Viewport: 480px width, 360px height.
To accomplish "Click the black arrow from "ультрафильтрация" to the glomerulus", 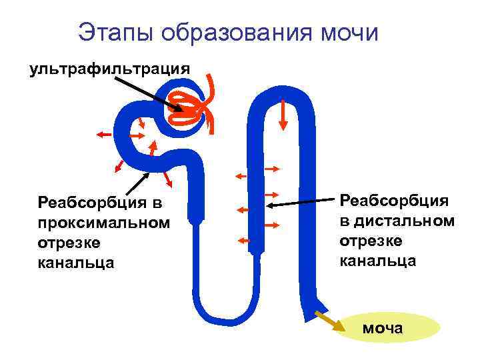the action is tap(147, 93).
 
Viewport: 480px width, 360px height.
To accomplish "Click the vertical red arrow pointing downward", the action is tap(283, 115).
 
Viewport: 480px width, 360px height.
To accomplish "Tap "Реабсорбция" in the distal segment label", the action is tap(393, 200).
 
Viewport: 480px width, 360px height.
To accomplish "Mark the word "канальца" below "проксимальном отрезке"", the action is tap(76, 262).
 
